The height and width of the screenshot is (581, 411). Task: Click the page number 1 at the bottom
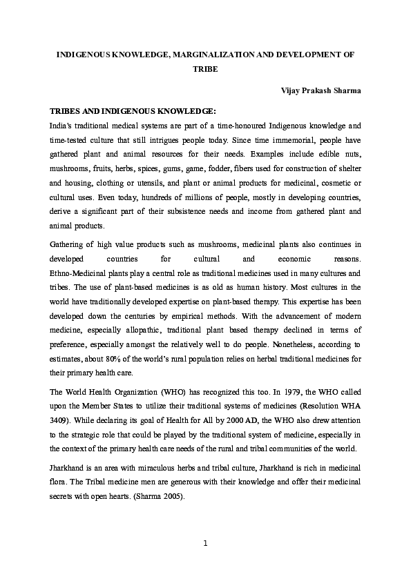[x=205, y=542]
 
